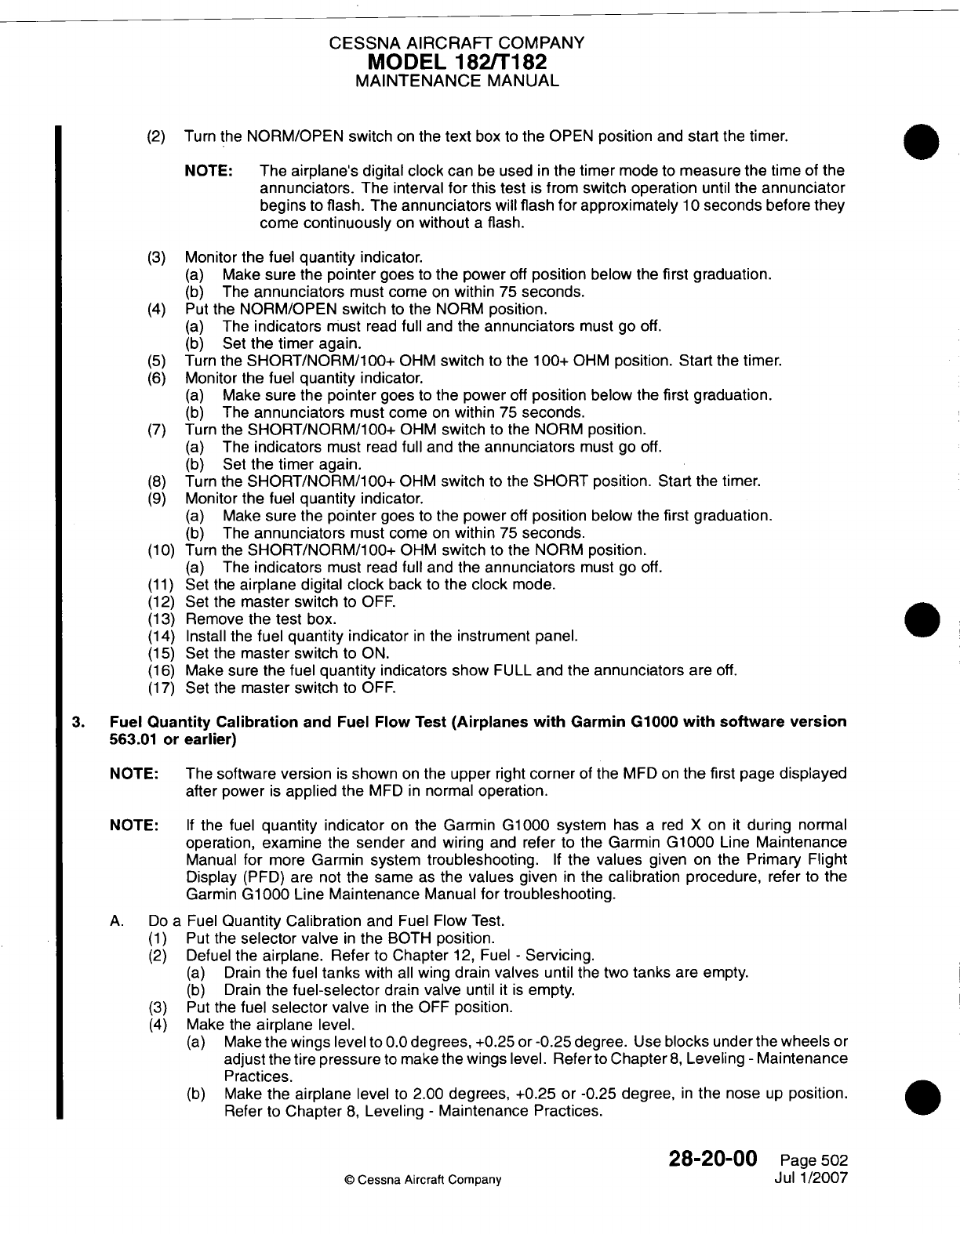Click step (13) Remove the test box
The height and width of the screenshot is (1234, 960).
point(260,619)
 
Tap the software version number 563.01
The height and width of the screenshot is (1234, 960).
point(129,739)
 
